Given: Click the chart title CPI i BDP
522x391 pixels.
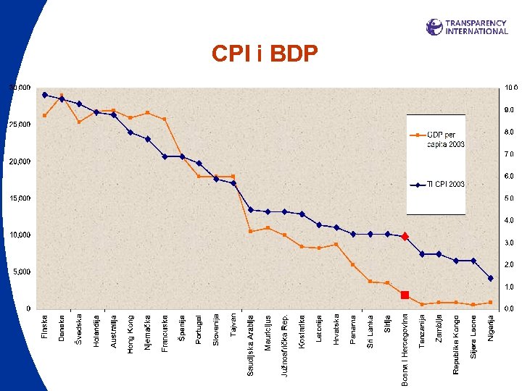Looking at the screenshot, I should [x=264, y=54].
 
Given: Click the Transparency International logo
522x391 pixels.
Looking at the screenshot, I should [x=467, y=27].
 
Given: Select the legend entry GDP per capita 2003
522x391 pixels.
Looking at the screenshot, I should [x=445, y=139].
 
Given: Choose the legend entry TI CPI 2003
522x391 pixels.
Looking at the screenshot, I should [x=445, y=184].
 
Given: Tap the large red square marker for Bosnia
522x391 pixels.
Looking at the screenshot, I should [x=405, y=295].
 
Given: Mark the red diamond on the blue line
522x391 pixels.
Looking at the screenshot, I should [x=405, y=236].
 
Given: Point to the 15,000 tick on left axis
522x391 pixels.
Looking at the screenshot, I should [x=20, y=198].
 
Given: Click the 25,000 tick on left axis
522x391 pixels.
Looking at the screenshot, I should [x=20, y=125].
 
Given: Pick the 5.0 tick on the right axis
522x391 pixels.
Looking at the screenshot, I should [x=510, y=198].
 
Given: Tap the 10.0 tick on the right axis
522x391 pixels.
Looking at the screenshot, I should [x=510, y=88].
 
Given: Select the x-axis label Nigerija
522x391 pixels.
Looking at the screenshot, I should [x=491, y=330].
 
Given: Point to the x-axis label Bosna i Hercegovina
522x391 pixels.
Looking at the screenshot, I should [x=405, y=349].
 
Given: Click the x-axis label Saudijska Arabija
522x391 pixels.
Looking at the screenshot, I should [x=251, y=344].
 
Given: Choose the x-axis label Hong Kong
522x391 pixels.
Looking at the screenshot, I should [x=130, y=334].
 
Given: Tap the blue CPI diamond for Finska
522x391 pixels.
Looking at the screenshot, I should [x=45, y=95].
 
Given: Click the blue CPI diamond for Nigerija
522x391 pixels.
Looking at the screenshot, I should [x=491, y=278].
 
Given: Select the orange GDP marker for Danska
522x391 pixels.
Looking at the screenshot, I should [x=62, y=95].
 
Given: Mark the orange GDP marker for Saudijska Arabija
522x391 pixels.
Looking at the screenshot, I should [x=251, y=231].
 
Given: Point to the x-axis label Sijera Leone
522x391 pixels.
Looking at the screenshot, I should [x=473, y=336].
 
